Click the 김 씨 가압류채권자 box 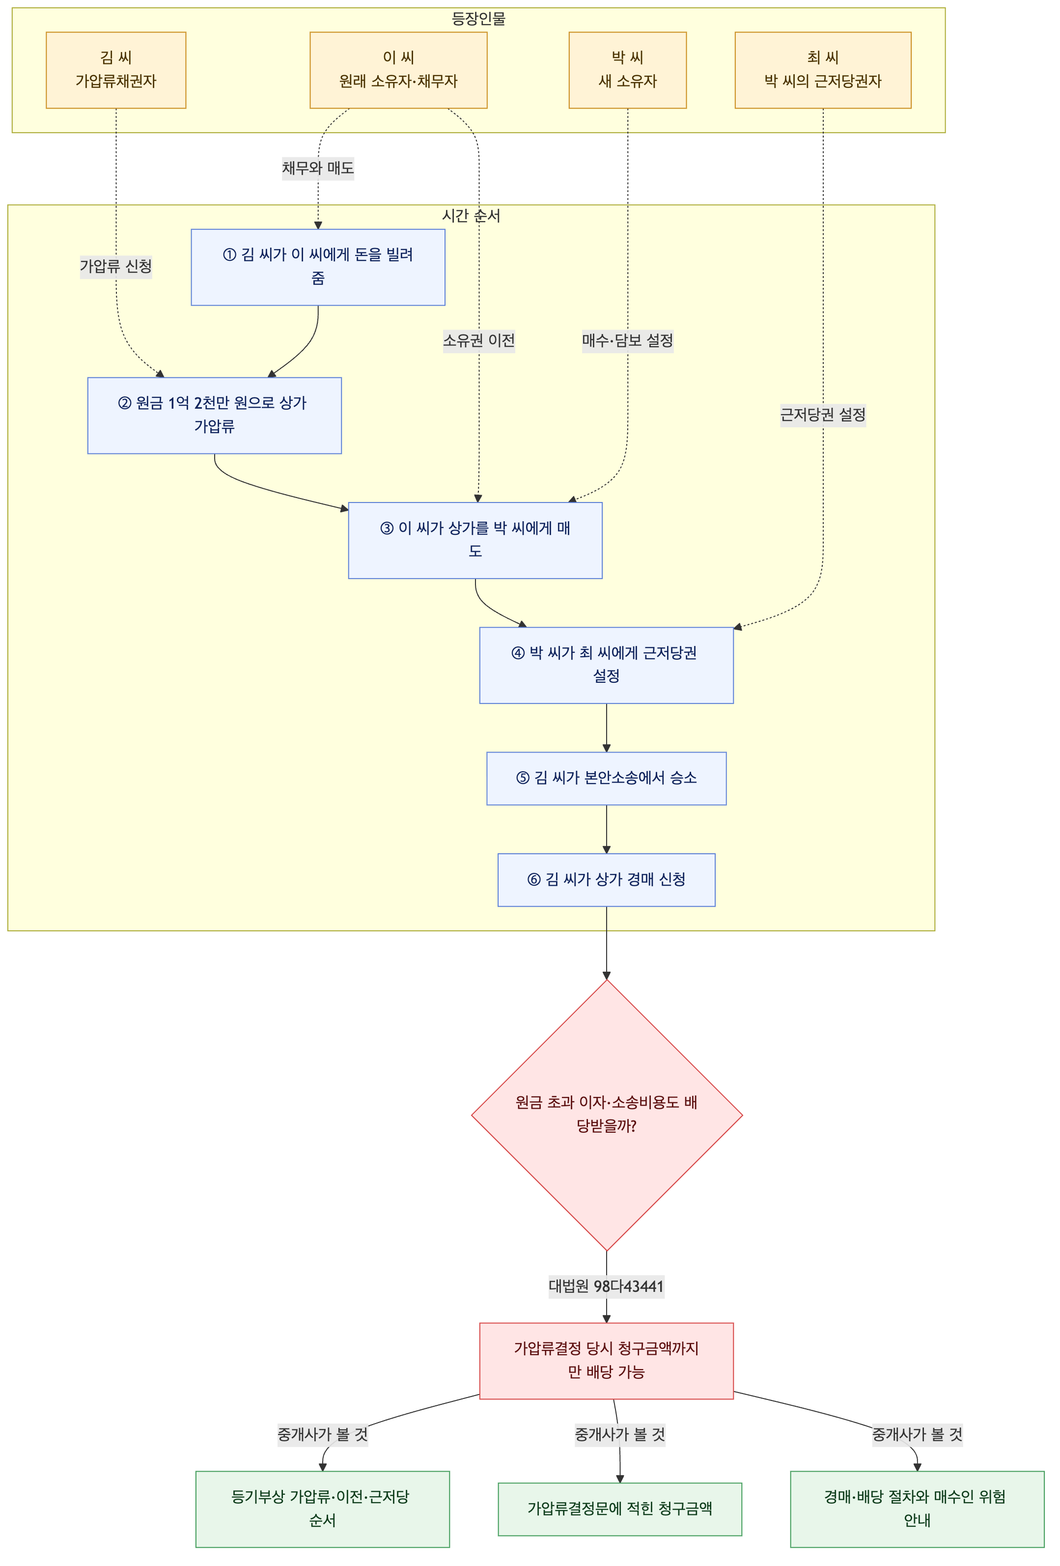tap(116, 70)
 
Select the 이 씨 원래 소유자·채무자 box tap(398, 70)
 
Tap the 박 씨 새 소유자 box tap(627, 70)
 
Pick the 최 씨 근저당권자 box tap(823, 70)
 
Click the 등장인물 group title tap(478, 19)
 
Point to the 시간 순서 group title tap(471, 216)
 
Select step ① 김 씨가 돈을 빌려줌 tap(318, 267)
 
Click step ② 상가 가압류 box tap(214, 415)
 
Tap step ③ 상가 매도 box tap(475, 540)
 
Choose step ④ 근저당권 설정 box tap(607, 665)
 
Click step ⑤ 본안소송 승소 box tap(607, 778)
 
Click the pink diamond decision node tap(607, 1115)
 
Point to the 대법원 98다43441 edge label tap(607, 1286)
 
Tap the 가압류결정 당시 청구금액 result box tap(607, 1361)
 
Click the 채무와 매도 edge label tap(318, 168)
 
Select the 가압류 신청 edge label tap(116, 266)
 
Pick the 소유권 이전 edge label tap(478, 340)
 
